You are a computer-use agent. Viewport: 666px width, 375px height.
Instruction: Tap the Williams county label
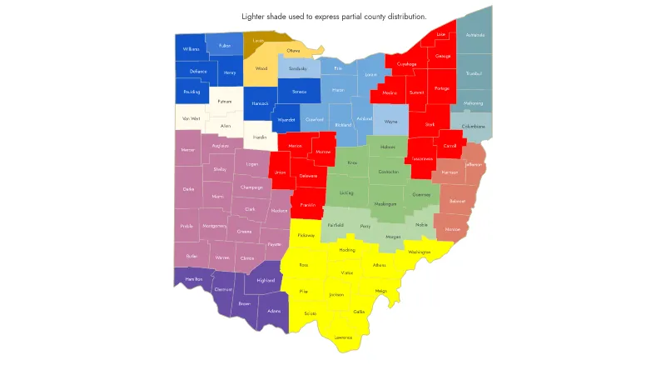pos(191,49)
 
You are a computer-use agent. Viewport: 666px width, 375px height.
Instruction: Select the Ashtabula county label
pos(475,35)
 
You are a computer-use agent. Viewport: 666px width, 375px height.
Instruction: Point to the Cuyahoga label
pos(407,63)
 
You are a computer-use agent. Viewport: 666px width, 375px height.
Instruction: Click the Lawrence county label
pos(343,337)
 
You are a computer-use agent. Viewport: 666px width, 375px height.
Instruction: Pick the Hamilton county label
pos(192,278)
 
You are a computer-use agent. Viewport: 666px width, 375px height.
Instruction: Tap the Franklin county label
pos(308,204)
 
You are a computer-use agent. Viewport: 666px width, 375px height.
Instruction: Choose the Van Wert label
pos(191,118)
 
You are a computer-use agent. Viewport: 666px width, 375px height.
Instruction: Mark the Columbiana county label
pos(473,126)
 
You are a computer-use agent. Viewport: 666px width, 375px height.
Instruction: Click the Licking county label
pos(346,192)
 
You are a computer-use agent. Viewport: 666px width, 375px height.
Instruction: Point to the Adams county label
pos(274,311)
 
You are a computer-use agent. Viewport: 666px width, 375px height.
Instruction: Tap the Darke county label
pos(188,189)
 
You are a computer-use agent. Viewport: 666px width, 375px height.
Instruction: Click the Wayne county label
pos(390,122)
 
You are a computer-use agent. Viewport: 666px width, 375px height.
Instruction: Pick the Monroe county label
pos(452,228)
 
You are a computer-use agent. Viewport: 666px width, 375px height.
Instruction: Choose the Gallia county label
pos(360,311)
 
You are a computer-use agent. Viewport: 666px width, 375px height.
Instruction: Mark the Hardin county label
pos(260,135)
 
